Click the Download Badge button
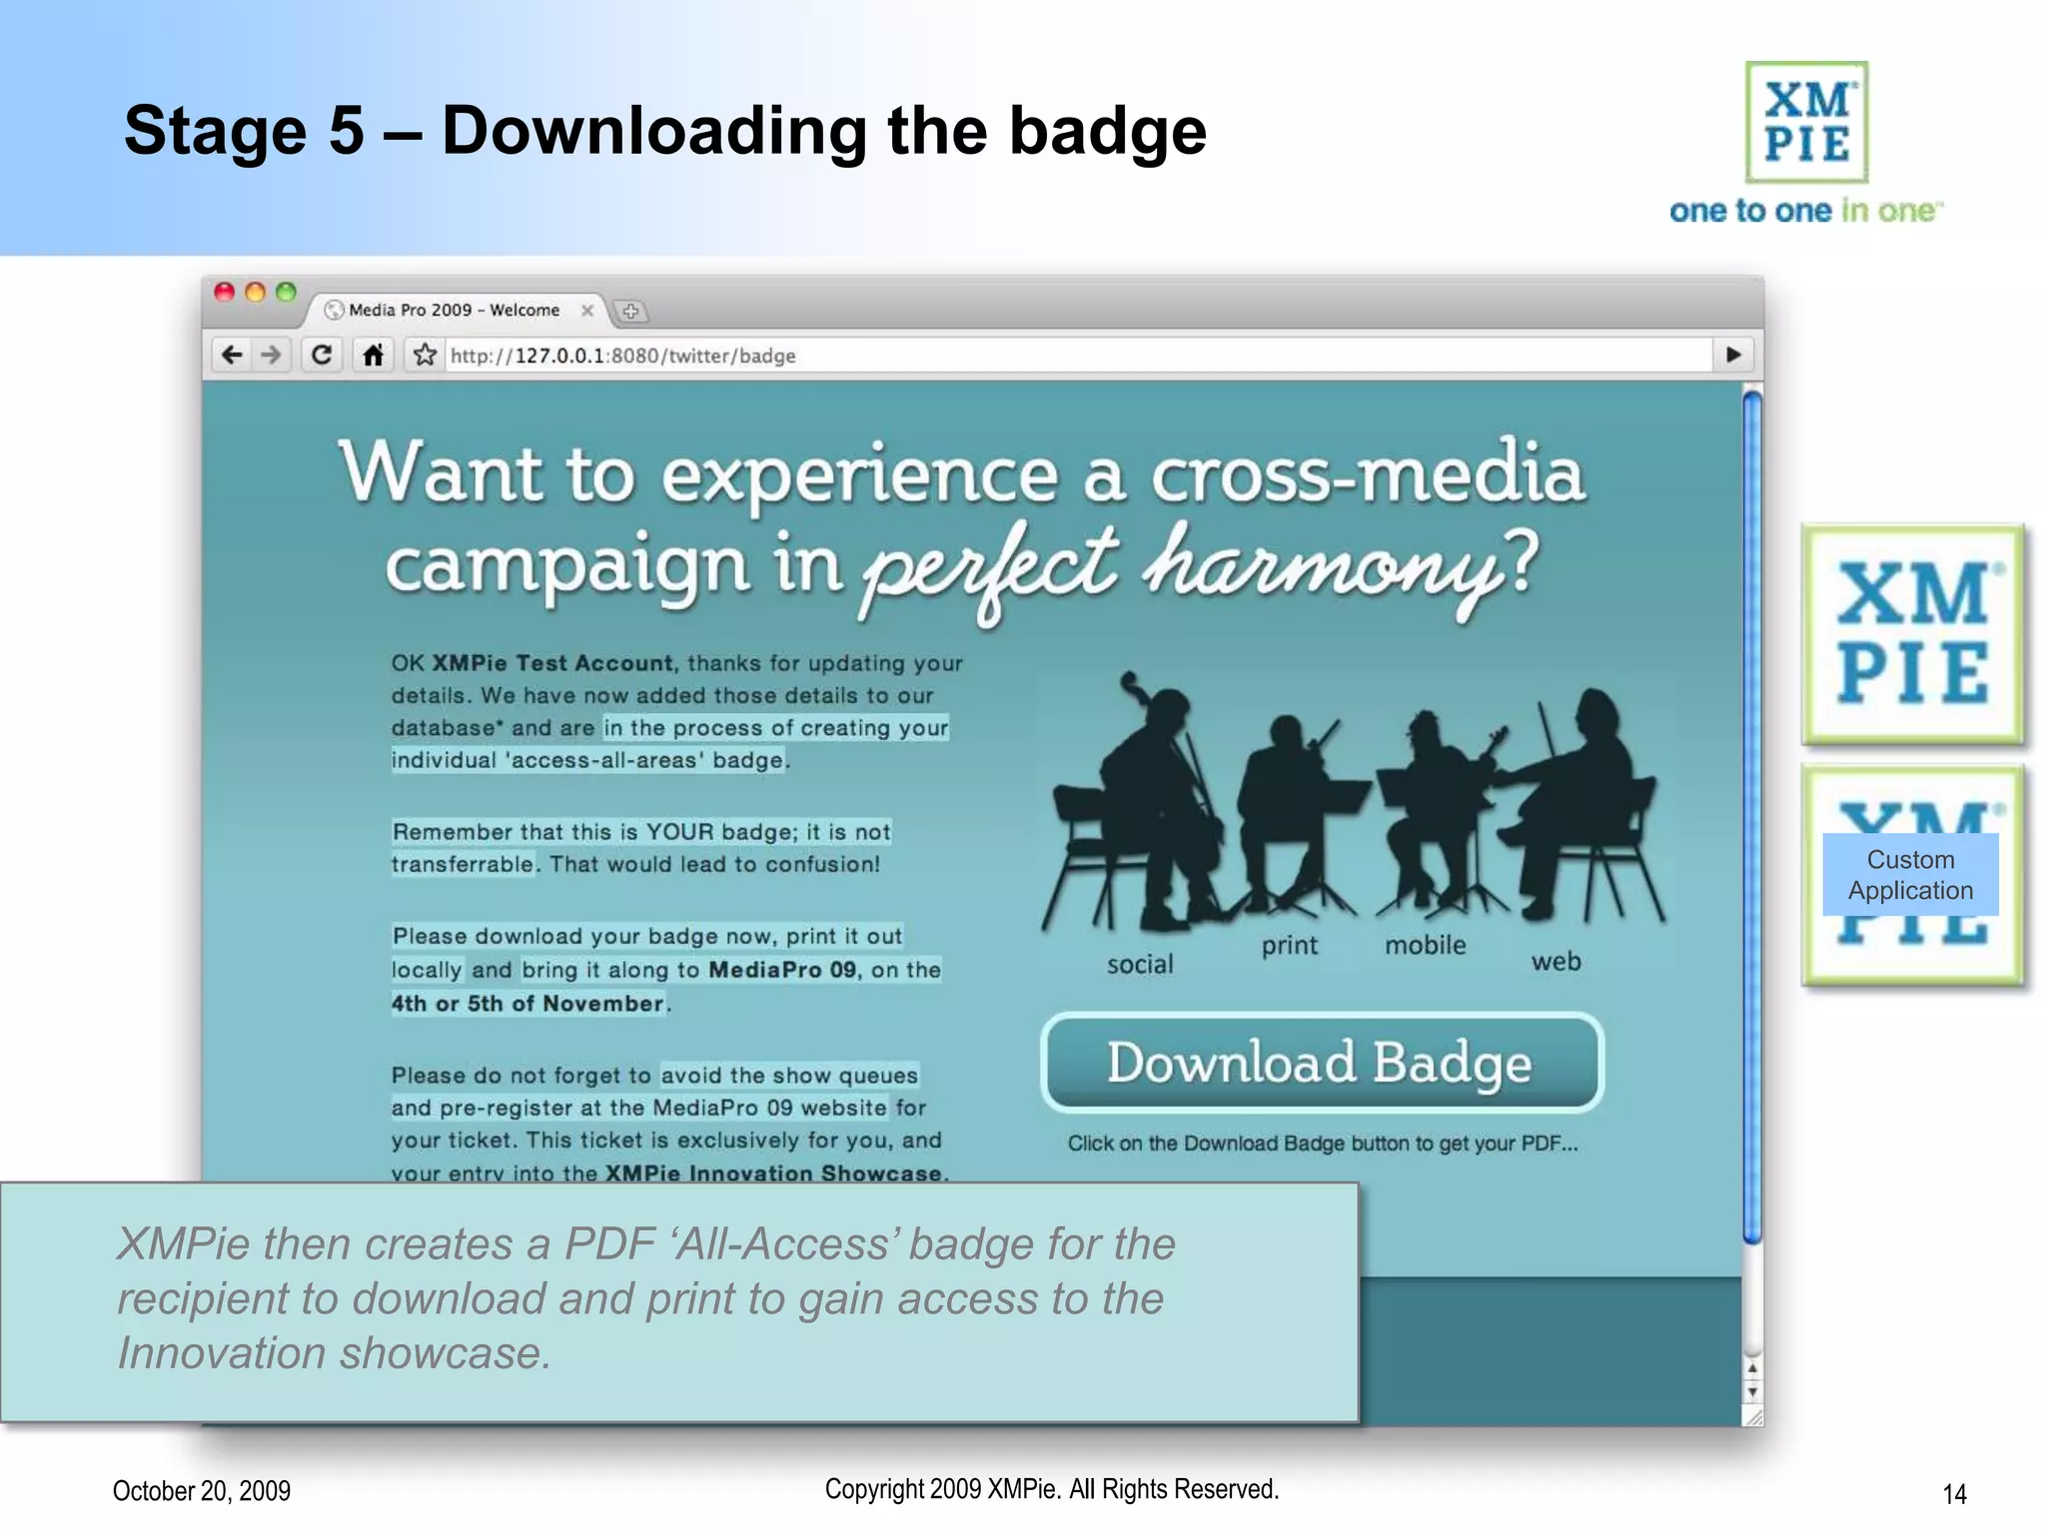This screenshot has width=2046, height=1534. tap(1321, 1063)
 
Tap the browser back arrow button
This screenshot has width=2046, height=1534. tap(232, 356)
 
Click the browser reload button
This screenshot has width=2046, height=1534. tap(322, 356)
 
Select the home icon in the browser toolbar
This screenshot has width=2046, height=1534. tap(374, 356)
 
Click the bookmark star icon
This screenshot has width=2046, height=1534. tap(426, 356)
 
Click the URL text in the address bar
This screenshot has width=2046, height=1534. tap(622, 357)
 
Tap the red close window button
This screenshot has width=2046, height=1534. tap(225, 292)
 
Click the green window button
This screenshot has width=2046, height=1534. tap(287, 292)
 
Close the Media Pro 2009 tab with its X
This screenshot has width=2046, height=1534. tap(587, 311)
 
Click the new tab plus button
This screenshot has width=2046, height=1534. tap(630, 312)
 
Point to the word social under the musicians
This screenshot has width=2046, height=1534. tap(1140, 965)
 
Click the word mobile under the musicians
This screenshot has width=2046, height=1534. tap(1425, 945)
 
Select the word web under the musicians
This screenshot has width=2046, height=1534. tap(1555, 962)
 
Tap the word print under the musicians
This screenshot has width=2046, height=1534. tap(1289, 946)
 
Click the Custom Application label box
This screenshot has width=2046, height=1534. tap(1910, 875)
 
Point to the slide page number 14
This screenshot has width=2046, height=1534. tap(1954, 1494)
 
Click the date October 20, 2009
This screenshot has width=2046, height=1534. tap(202, 1491)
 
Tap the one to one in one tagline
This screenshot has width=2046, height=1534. tap(1805, 211)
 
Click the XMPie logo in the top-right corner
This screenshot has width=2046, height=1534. tap(1806, 123)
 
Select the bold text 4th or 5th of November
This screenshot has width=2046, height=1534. tap(527, 1004)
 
